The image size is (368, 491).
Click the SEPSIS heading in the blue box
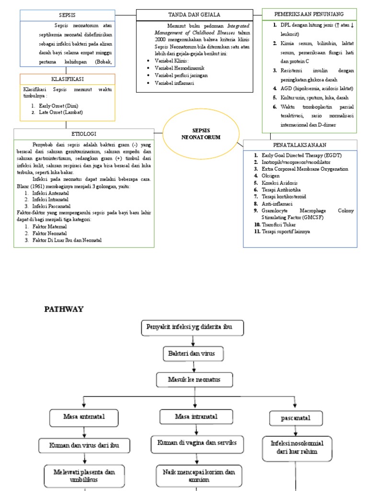tap(67, 15)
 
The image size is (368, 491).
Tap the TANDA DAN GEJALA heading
tap(194, 15)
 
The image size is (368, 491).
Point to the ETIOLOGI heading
tap(84, 134)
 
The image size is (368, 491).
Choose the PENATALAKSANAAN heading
tap(300, 145)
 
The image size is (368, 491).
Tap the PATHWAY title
tap(64, 309)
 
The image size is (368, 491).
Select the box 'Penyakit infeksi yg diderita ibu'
tap(193, 328)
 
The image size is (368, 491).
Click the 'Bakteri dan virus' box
tap(193, 354)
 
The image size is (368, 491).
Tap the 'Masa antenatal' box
tap(84, 417)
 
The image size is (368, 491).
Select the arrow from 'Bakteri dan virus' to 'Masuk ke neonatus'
tap(193, 367)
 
